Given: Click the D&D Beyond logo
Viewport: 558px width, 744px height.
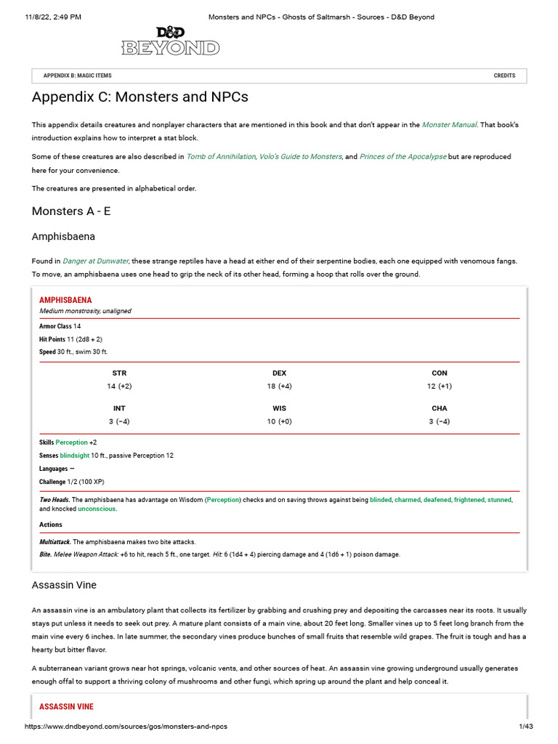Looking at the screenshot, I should [x=170, y=41].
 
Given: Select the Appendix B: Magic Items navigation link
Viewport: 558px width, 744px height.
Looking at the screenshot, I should [x=77, y=76].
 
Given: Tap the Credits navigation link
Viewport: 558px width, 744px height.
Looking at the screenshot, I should [x=504, y=76].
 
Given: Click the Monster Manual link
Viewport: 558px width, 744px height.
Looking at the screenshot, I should [x=449, y=125].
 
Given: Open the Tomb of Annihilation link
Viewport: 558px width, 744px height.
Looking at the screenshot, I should [x=221, y=157].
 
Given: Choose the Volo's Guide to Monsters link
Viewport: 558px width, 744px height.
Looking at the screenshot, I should [x=301, y=157].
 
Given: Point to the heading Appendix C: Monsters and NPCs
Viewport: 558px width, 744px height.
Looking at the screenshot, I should [x=139, y=97].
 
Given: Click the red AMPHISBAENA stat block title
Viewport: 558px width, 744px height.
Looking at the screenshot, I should [x=65, y=300].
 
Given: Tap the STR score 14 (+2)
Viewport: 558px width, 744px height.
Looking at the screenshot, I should [x=119, y=387].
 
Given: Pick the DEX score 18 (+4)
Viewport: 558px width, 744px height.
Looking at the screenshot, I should [x=279, y=387].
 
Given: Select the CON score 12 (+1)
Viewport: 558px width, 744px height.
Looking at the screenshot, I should [x=439, y=387].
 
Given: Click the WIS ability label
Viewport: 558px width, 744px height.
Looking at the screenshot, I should [x=279, y=408].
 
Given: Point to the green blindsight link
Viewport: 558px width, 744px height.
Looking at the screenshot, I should [x=75, y=456].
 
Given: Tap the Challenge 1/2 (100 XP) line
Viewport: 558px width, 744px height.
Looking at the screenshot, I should [x=76, y=482].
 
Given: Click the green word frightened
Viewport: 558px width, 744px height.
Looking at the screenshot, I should [x=469, y=500].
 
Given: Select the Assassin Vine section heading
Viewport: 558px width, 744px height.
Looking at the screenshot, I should [x=64, y=585].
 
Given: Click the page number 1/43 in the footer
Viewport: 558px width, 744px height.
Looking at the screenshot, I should [x=525, y=727].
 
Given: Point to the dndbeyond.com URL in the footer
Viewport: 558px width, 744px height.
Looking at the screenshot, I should [x=131, y=727].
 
